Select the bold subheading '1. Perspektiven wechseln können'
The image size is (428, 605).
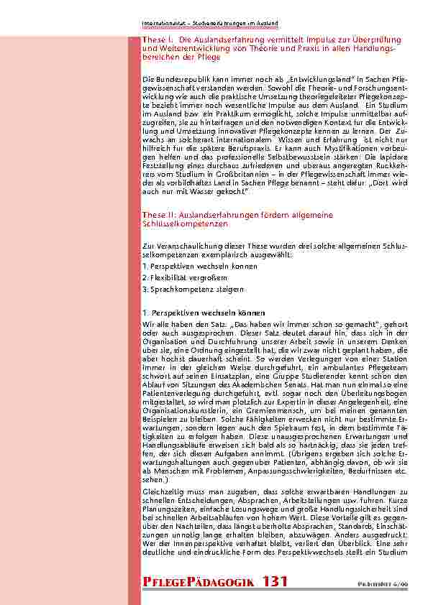193,313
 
